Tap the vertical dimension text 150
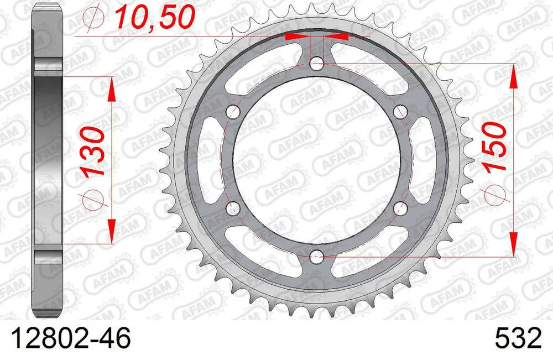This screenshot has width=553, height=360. click(x=495, y=147)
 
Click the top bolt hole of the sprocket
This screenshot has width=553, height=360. click(x=317, y=64)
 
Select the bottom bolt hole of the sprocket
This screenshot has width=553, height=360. click(x=317, y=256)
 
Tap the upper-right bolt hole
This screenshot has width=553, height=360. click(x=400, y=112)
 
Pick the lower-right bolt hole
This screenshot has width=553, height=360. click(x=400, y=208)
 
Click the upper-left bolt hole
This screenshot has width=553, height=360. click(x=234, y=112)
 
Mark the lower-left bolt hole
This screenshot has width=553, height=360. click(x=234, y=208)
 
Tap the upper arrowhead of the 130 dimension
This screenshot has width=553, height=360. click(x=111, y=88)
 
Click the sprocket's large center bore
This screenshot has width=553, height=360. click(x=317, y=160)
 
